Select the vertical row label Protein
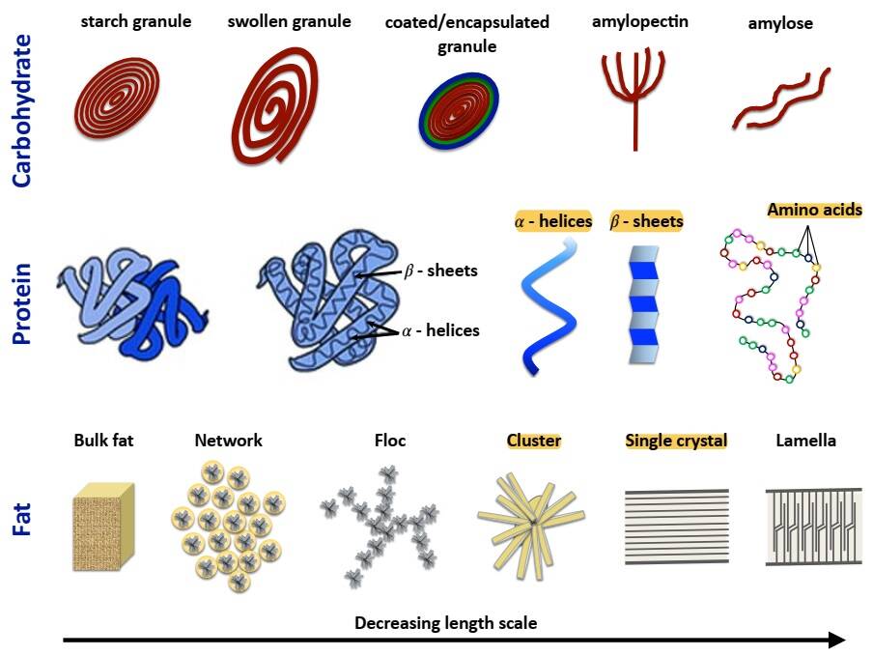23,303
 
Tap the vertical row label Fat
23,516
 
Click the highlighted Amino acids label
814,210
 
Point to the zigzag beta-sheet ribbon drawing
644,304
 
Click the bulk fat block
104,527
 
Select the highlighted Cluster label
534,441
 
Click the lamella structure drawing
807,525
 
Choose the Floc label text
390,441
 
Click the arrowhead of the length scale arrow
836,640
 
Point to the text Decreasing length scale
445,623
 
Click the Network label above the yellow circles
228,441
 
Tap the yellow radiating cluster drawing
531,523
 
